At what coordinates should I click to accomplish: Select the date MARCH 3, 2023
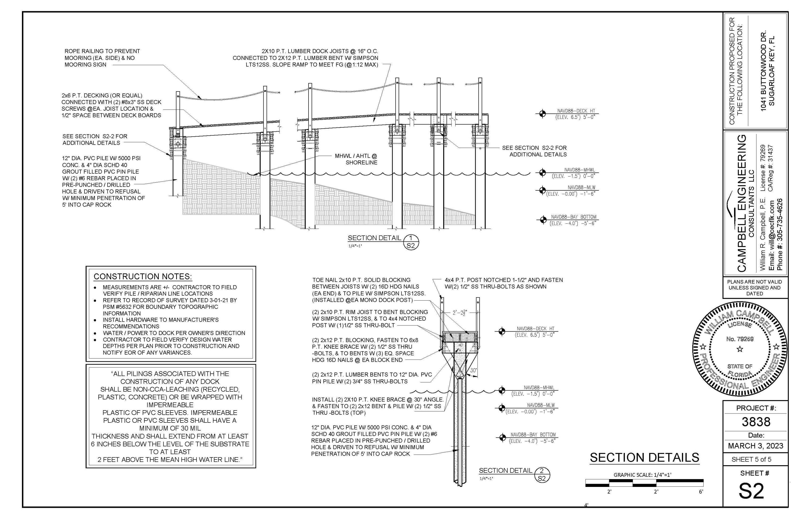[755, 446]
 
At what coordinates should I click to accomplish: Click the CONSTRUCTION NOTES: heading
[143, 277]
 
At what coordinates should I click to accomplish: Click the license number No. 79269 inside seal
[740, 339]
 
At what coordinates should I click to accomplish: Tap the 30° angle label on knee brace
[473, 370]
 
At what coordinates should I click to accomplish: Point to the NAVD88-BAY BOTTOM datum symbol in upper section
[543, 220]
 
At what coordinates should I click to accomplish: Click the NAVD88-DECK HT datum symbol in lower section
[502, 332]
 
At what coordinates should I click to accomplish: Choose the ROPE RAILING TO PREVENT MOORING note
[102, 58]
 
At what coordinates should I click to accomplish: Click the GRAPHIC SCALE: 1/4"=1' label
[642, 475]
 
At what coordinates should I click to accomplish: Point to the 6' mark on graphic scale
[701, 492]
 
